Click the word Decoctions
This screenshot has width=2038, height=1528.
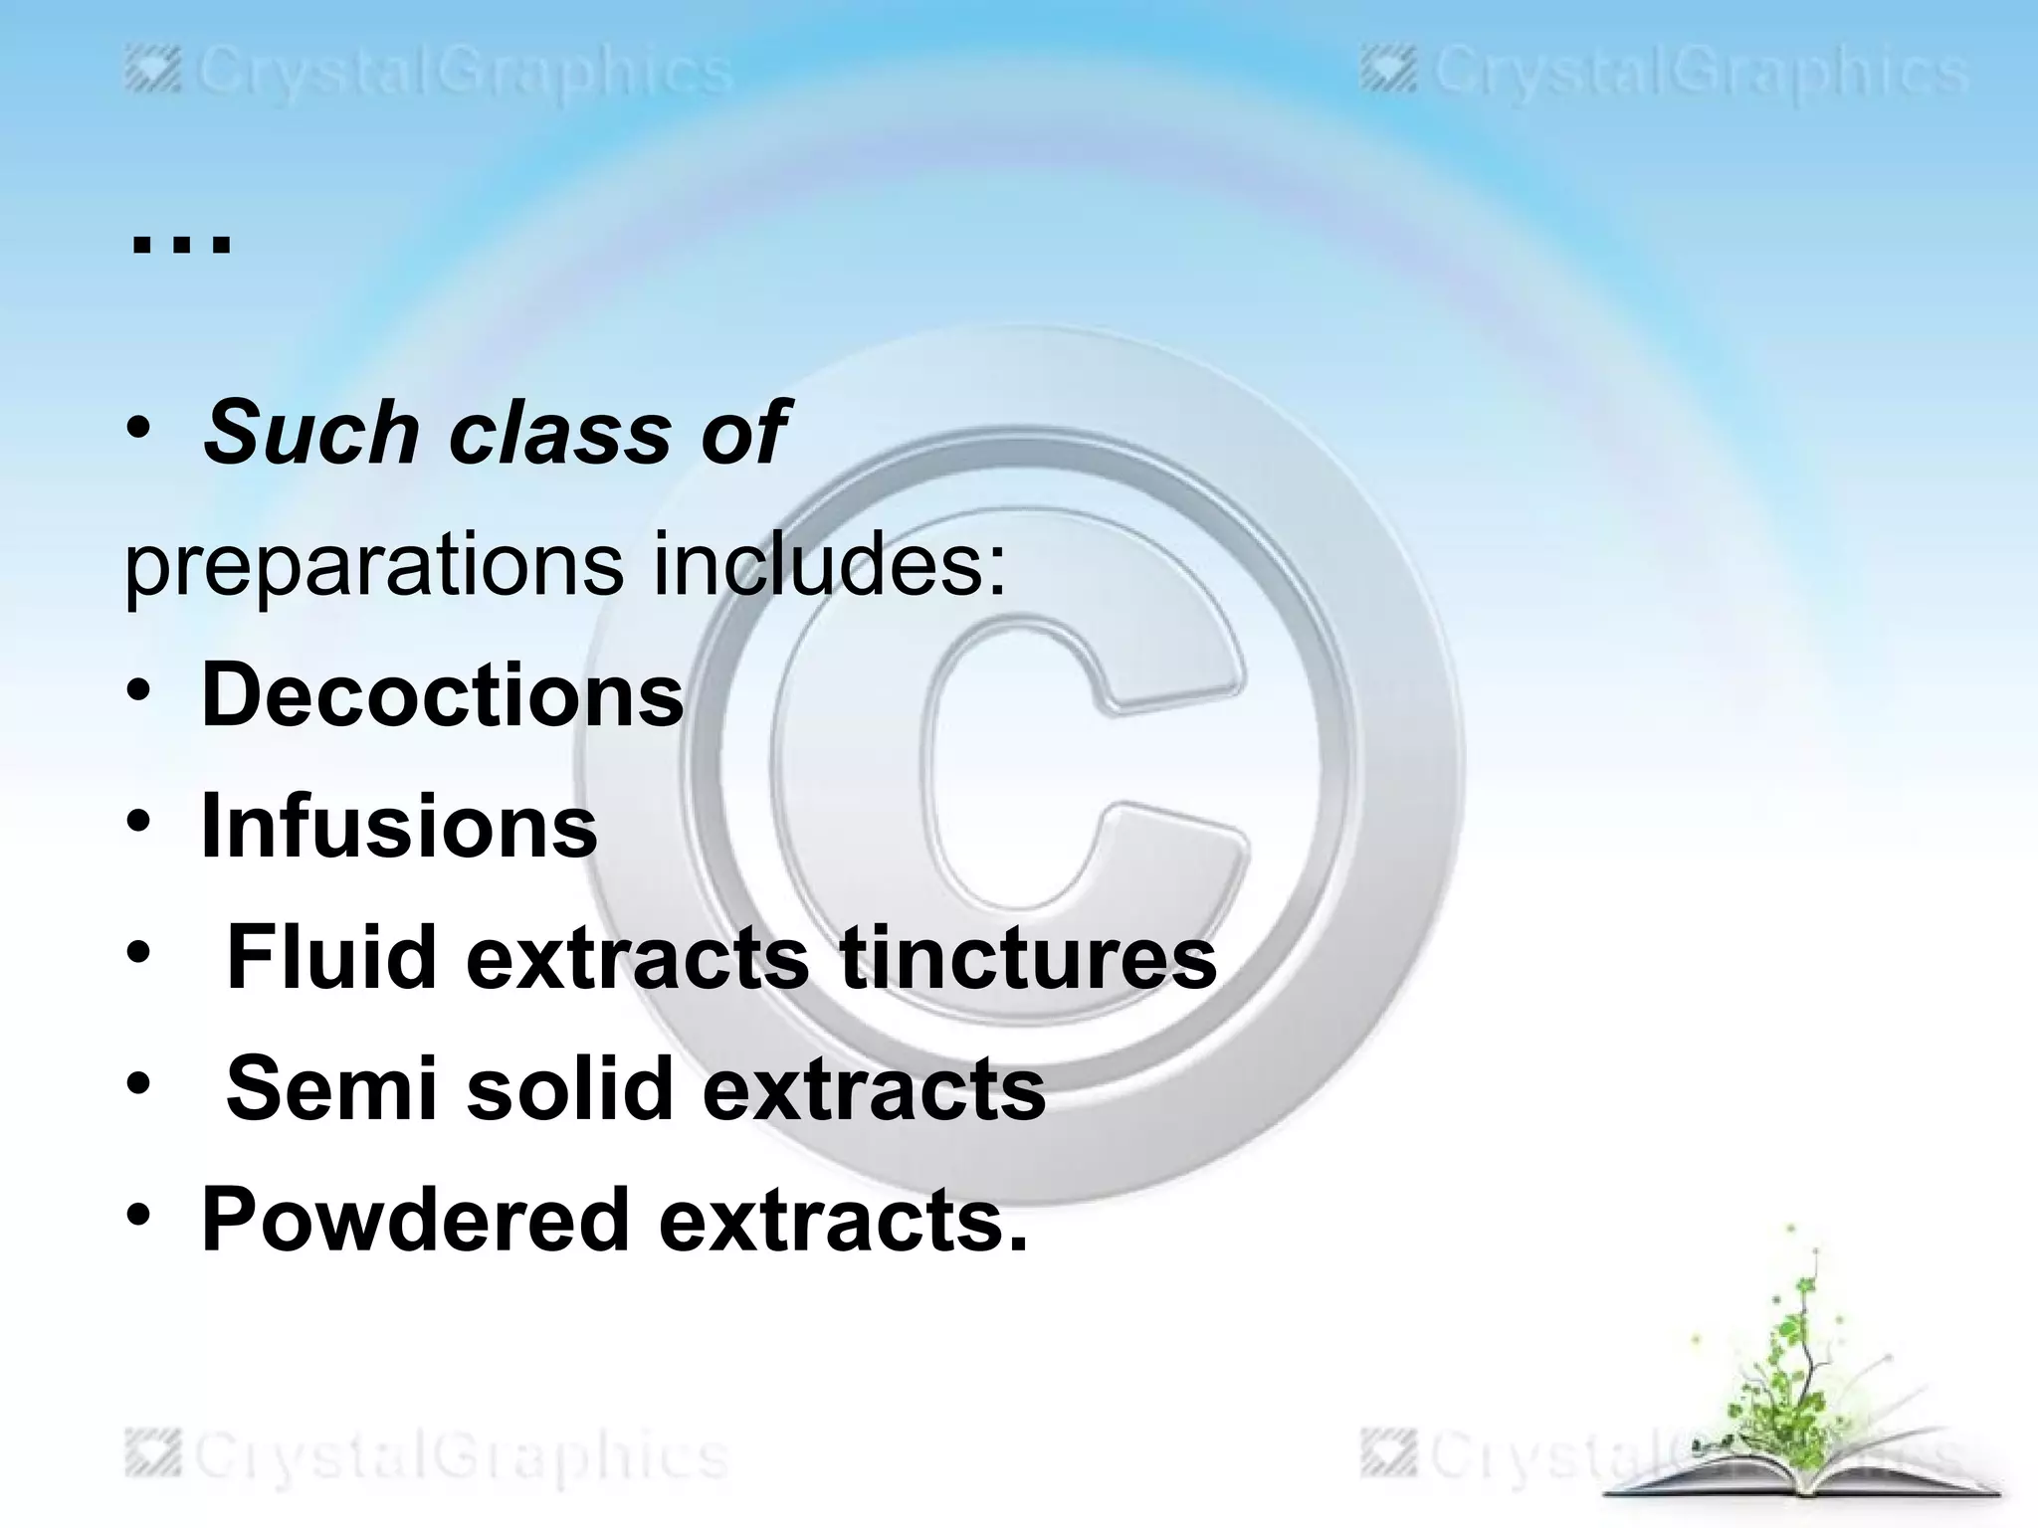click(x=443, y=694)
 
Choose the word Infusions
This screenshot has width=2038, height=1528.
click(x=399, y=826)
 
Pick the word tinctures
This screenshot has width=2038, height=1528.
click(x=1028, y=957)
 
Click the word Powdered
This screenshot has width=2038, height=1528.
click(x=416, y=1220)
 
